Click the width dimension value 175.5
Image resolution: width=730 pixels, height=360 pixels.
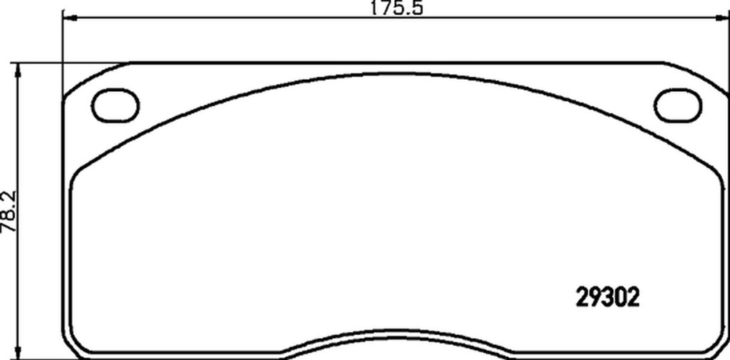click(396, 9)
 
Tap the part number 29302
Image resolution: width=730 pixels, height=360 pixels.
click(607, 298)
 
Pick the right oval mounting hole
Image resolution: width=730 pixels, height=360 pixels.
click(677, 106)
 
